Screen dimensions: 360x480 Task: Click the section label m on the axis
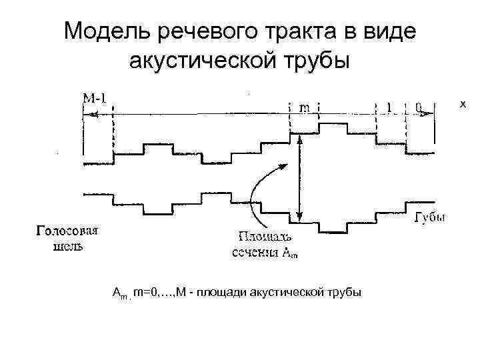click(305, 107)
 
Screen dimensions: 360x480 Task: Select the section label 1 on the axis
click(389, 107)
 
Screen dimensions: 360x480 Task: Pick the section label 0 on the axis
click(417, 107)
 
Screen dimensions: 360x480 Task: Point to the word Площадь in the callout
click(265, 237)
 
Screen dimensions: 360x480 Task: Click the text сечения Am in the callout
click(265, 251)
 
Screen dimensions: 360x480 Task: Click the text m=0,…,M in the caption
click(155, 292)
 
